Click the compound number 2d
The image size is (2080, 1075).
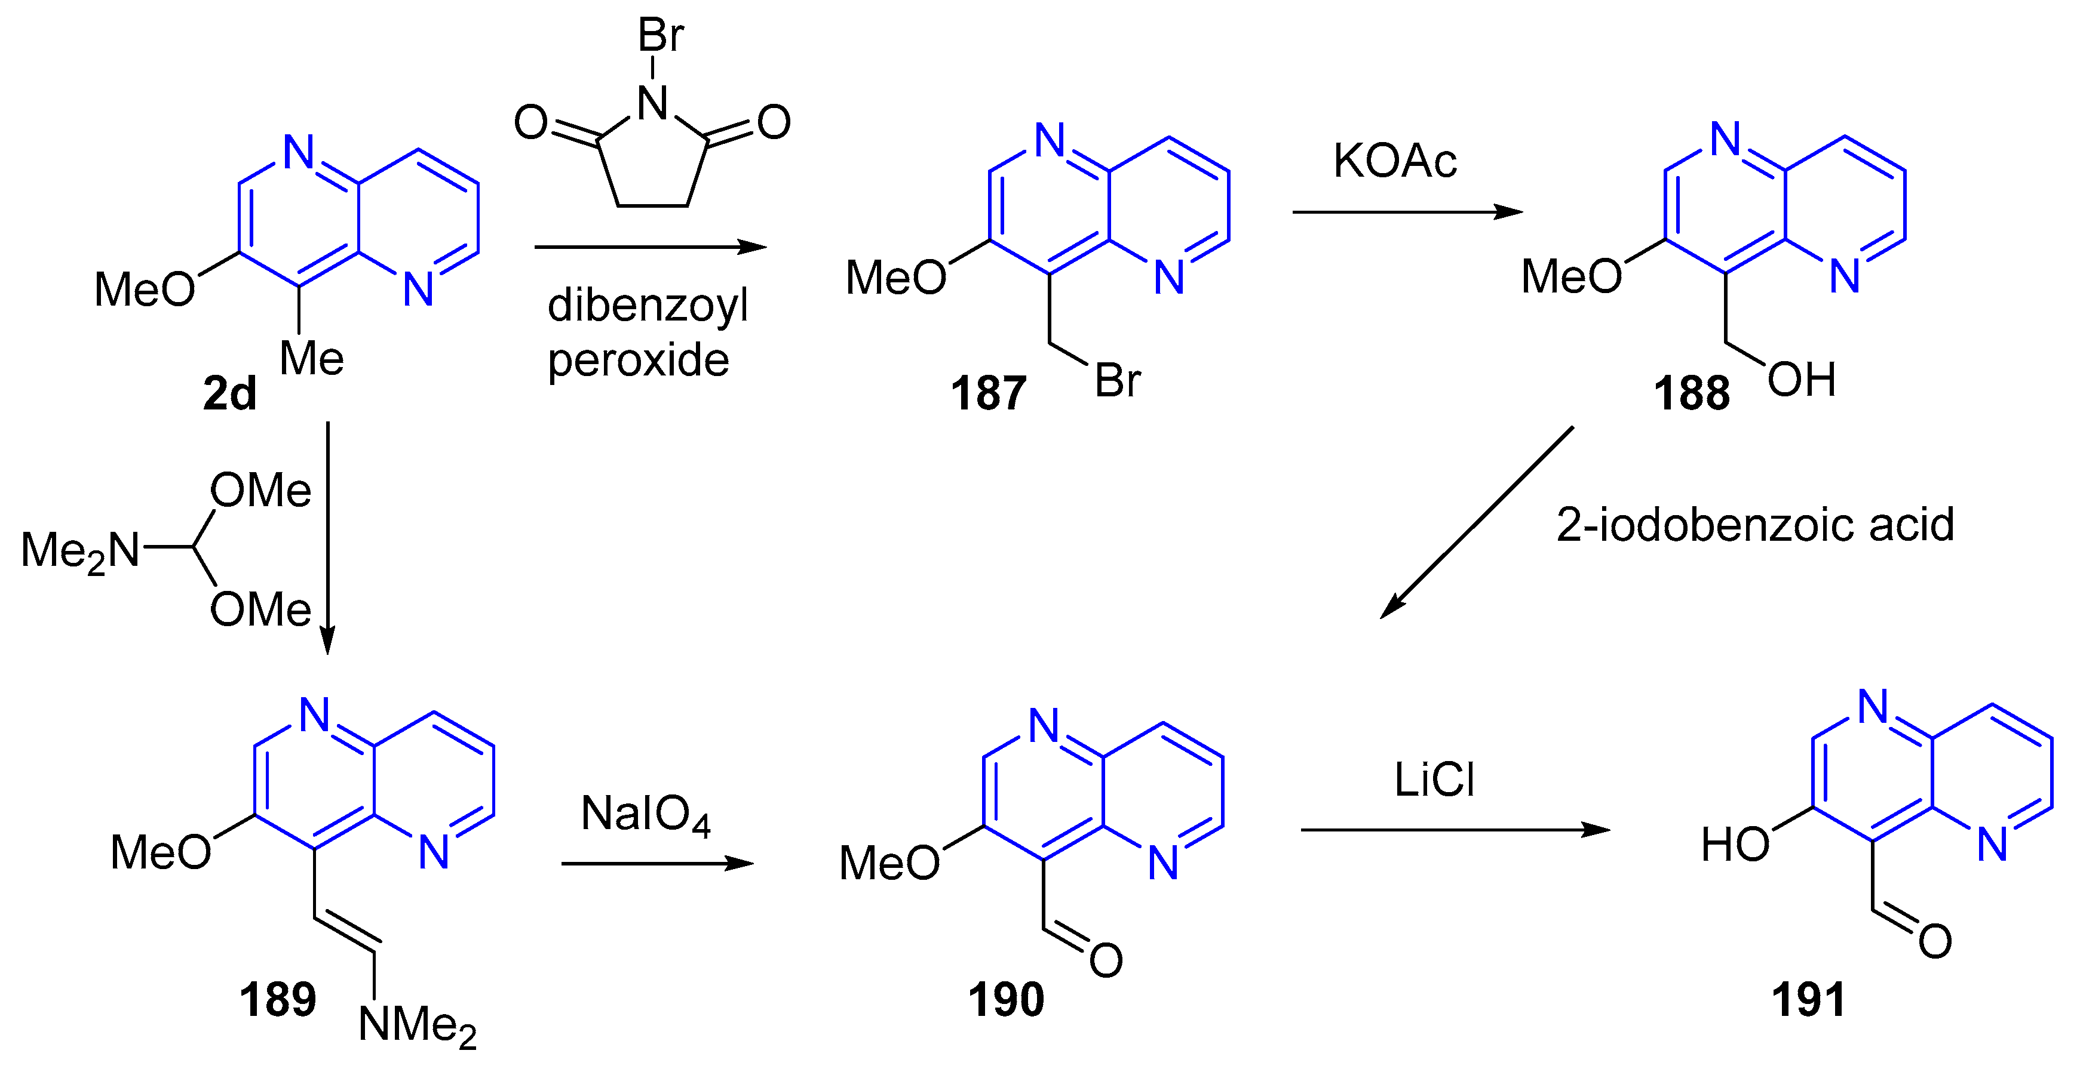[229, 394]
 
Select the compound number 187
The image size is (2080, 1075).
[987, 394]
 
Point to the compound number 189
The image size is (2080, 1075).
[277, 999]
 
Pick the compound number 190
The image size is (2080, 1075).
[1005, 999]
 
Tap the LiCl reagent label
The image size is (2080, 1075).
[1434, 780]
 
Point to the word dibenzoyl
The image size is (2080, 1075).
[648, 306]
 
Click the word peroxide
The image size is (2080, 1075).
[638, 360]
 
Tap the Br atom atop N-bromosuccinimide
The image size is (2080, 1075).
[661, 35]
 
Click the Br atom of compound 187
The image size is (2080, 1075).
[1118, 380]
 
